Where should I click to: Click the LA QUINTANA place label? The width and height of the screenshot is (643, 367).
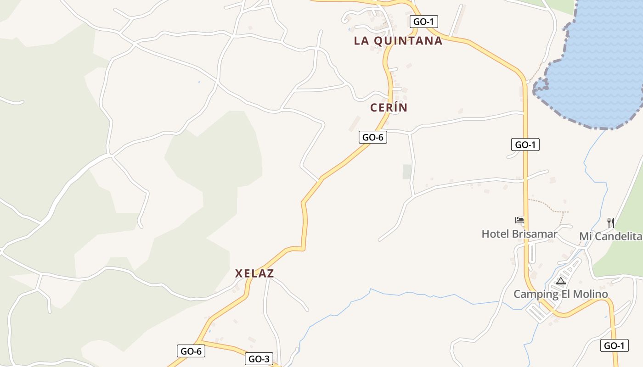pyautogui.click(x=398, y=41)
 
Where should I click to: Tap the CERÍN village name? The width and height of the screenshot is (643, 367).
pyautogui.click(x=389, y=108)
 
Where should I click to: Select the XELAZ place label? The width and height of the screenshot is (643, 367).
pyautogui.click(x=254, y=273)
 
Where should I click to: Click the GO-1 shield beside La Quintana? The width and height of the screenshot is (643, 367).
pyautogui.click(x=423, y=22)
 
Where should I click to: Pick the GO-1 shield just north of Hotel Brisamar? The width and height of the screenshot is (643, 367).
pyautogui.click(x=525, y=145)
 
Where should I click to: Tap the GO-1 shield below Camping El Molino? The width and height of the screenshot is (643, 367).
pyautogui.click(x=614, y=346)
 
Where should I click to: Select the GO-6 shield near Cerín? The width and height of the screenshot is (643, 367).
pyautogui.click(x=372, y=137)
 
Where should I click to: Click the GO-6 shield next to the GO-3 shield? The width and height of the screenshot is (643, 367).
pyautogui.click(x=191, y=351)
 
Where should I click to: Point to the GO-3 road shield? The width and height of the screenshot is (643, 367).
pyautogui.click(x=259, y=359)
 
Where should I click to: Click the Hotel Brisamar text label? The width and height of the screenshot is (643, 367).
pyautogui.click(x=519, y=234)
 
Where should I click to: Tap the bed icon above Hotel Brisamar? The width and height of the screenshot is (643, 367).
pyautogui.click(x=519, y=221)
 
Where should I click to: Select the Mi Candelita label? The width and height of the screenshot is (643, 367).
pyautogui.click(x=610, y=236)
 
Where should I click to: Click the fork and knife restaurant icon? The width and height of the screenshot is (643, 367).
pyautogui.click(x=610, y=223)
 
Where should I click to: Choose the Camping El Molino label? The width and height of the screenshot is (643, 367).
pyautogui.click(x=560, y=294)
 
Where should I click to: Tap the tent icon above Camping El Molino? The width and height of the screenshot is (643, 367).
pyautogui.click(x=560, y=281)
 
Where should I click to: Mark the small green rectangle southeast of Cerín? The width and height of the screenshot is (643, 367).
pyautogui.click(x=407, y=172)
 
